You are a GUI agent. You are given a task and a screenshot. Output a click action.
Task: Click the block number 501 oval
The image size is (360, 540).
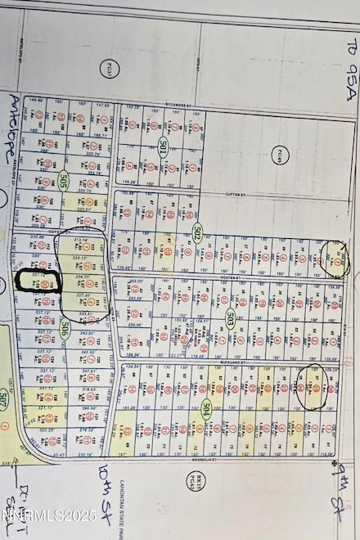click(x=164, y=147)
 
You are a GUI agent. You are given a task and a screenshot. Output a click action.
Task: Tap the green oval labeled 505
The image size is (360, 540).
click(x=65, y=181)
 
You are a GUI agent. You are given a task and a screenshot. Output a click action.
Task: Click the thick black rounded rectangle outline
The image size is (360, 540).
click(x=34, y=282)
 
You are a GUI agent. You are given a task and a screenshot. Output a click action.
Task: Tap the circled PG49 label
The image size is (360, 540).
click(x=282, y=153)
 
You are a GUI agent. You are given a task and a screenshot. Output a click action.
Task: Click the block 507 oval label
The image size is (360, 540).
click(x=6, y=401)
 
